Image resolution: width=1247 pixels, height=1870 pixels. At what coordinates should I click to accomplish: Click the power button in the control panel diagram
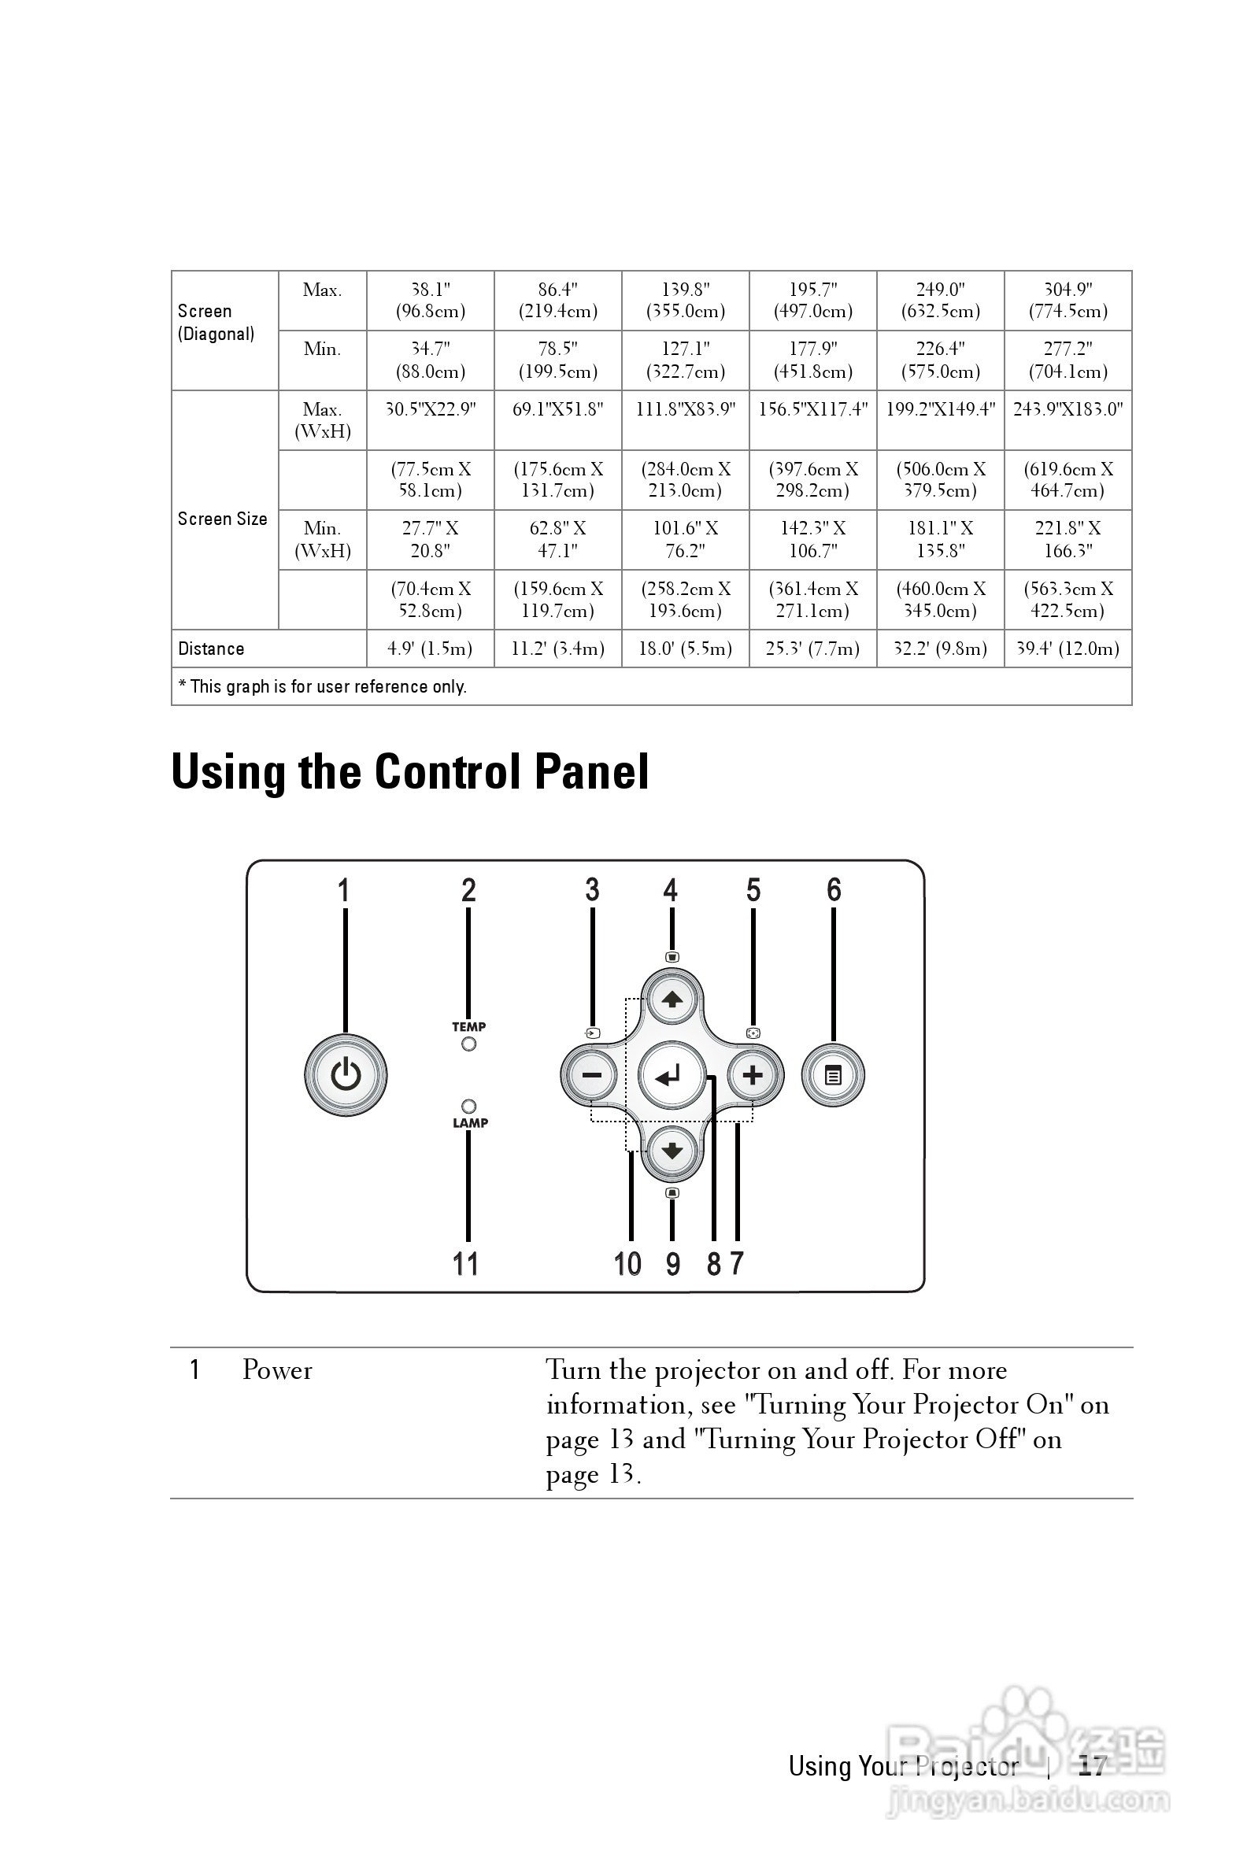pos(345,1075)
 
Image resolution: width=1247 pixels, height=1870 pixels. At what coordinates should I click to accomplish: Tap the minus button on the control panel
pos(591,1075)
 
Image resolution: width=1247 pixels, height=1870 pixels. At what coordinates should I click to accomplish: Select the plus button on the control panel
pos(753,1075)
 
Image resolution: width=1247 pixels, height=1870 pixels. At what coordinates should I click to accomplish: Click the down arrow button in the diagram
pos(672,1151)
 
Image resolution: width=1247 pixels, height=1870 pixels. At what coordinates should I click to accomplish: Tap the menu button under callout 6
pos(833,1076)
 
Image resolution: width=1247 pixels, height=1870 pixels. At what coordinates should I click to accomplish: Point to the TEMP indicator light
pos(468,1044)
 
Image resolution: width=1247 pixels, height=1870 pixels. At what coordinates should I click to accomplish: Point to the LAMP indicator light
pos(468,1106)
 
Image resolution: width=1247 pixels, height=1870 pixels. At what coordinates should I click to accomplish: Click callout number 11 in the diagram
pos(465,1263)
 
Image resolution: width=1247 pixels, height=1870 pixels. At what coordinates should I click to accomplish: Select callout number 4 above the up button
pos(671,889)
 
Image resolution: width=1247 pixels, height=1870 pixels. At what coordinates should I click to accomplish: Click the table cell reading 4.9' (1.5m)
pos(430,649)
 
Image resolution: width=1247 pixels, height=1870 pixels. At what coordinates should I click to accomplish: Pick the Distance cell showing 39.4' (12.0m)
pos(1068,649)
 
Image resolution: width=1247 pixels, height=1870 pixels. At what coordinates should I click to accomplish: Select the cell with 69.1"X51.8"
pos(557,409)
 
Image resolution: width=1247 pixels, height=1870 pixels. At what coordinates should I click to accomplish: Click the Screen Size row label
pos(223,519)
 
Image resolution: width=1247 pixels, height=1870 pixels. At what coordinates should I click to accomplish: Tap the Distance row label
pos(212,649)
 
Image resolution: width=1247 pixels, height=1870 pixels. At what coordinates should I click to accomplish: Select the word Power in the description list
pos(277,1370)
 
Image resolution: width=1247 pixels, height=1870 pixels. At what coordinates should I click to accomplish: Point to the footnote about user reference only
pos(323,686)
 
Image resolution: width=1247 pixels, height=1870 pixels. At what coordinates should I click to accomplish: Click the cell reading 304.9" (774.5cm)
pos(1068,301)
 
